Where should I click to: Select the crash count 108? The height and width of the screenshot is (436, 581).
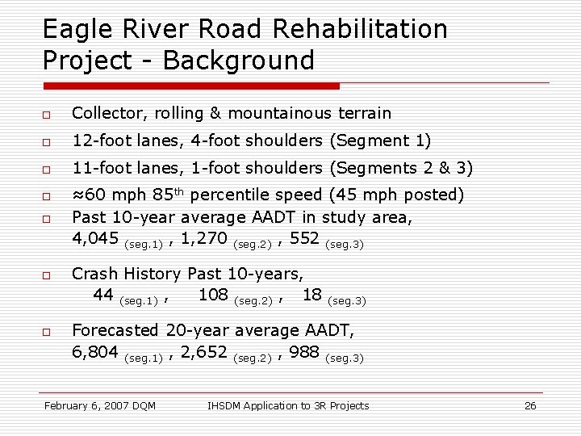tap(213, 295)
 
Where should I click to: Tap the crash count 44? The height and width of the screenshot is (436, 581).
tap(103, 295)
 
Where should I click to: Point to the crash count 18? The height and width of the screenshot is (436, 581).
tap(312, 295)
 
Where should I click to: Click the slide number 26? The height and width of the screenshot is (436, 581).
tap(530, 405)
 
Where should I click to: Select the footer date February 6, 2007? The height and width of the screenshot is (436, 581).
tap(90, 405)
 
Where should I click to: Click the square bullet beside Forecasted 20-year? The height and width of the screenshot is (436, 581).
tap(48, 332)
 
